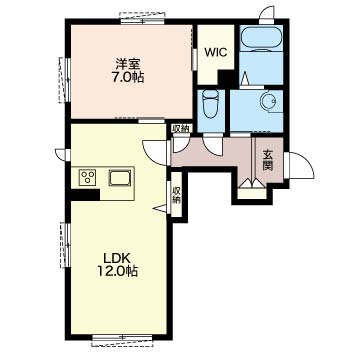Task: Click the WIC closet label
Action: coord(216,52)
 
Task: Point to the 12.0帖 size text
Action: coord(117,272)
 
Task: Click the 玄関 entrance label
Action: coord(268,160)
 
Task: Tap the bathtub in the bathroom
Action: coord(261,38)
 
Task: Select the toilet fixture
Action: coord(210,103)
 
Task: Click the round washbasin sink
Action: coord(268,100)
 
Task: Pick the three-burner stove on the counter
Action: coord(87,177)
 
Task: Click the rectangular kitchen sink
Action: coord(120,177)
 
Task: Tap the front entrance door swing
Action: coord(301,165)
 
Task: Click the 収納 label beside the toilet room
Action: coord(182,129)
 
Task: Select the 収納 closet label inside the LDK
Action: coord(176,195)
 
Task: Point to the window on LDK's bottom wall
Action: coord(123,338)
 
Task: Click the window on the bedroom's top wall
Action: coord(142,19)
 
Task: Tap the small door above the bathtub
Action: coord(267,16)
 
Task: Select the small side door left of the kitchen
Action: coord(63,154)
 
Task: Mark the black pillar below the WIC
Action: coord(226,78)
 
